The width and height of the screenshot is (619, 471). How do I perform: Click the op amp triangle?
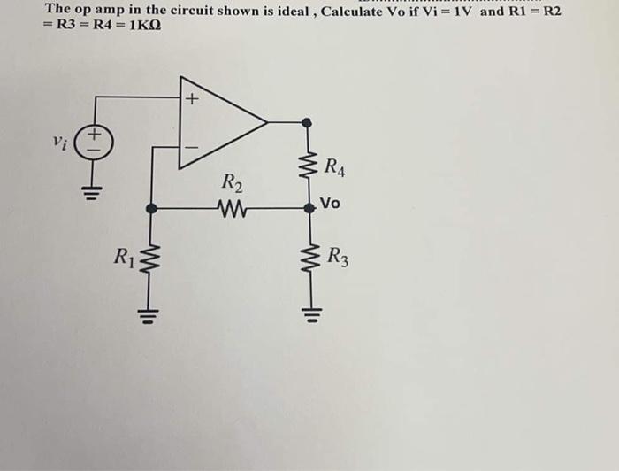tap(217, 123)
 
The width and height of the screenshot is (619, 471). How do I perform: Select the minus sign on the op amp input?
tap(191, 147)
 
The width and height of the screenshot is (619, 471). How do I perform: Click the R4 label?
tap(335, 166)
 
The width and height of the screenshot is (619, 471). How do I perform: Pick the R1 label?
tap(122, 259)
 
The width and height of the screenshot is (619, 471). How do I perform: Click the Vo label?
tap(330, 204)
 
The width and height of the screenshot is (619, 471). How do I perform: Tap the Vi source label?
tap(59, 142)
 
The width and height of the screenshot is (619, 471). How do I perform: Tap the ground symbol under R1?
tap(150, 311)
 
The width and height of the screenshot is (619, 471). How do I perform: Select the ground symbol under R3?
tap(308, 311)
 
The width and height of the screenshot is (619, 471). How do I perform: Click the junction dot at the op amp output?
tap(307, 122)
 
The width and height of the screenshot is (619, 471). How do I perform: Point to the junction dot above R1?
tap(151, 209)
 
